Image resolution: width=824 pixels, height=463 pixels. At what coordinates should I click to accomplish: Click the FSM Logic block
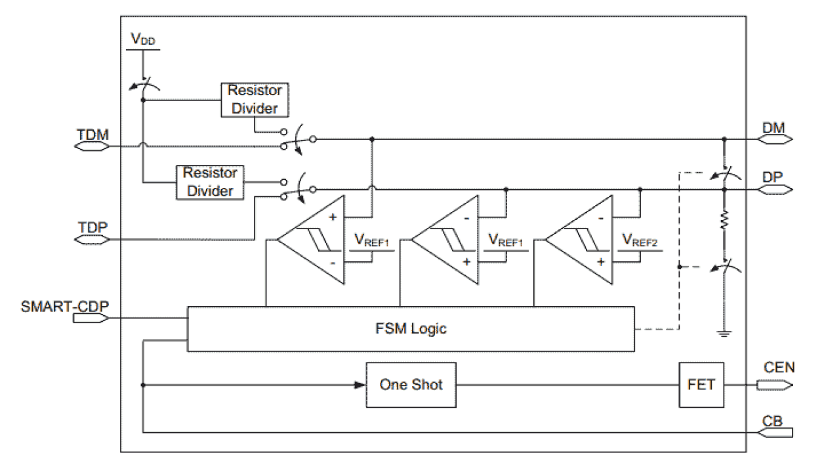(411, 328)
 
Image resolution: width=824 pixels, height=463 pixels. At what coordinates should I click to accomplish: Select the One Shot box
(411, 385)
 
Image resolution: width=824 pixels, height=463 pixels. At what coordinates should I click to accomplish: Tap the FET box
(701, 385)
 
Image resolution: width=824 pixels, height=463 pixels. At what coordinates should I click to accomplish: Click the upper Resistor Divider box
(255, 99)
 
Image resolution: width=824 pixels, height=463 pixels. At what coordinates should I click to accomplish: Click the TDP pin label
(92, 228)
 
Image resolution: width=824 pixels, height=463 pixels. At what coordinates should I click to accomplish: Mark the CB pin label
(773, 420)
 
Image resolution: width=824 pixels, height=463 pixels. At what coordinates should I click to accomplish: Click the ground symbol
(724, 334)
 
